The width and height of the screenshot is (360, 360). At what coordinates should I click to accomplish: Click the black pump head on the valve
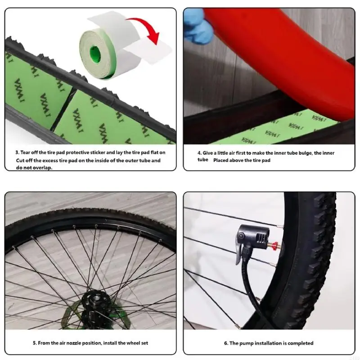[255, 236]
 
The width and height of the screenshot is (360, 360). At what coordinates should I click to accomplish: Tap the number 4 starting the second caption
[199, 153]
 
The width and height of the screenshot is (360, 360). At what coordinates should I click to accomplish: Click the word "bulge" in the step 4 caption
[295, 153]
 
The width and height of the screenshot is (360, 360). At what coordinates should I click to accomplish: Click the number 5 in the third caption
[35, 343]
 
